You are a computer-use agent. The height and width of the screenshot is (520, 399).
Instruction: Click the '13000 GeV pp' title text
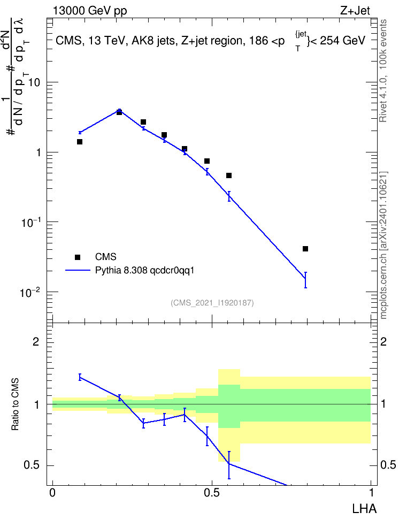[x=90, y=11]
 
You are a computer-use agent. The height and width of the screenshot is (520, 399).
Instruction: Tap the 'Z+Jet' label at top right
[x=355, y=11]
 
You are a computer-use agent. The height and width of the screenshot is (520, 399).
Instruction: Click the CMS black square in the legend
[x=78, y=257]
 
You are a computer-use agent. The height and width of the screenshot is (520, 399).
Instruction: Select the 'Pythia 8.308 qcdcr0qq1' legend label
[x=144, y=270]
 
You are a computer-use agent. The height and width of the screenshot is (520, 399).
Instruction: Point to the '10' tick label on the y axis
[x=34, y=82]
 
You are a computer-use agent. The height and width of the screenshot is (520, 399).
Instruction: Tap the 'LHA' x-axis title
[x=364, y=509]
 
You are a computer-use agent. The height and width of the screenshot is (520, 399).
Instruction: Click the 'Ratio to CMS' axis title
[x=15, y=404]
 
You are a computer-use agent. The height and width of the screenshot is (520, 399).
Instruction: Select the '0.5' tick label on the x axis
[x=212, y=493]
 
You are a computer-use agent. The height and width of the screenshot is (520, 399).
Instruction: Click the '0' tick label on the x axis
[x=52, y=493]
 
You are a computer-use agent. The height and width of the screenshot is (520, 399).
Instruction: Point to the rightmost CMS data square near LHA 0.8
[x=305, y=249]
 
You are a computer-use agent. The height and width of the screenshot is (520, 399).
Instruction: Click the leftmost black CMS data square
[x=80, y=142]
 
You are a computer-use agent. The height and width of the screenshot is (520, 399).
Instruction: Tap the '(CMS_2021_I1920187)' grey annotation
[x=212, y=303]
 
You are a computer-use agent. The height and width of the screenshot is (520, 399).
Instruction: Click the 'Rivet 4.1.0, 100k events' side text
[x=383, y=71]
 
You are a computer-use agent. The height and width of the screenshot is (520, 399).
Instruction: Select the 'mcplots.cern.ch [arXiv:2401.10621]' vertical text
[x=383, y=246]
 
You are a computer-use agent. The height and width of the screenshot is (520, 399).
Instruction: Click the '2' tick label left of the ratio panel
[x=36, y=342]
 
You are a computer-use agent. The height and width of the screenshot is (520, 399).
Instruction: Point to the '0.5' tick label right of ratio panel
[x=388, y=465]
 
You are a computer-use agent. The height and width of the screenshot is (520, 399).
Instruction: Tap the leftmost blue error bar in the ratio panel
[x=80, y=377]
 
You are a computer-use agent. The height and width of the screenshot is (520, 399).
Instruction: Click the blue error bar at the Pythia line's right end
[x=305, y=280]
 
